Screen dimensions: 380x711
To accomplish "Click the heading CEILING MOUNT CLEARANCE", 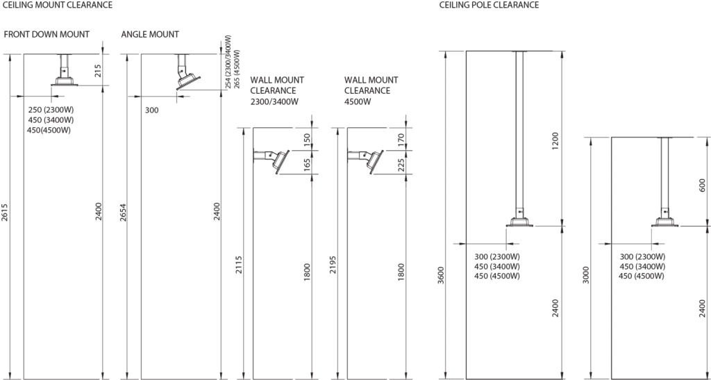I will (58, 5).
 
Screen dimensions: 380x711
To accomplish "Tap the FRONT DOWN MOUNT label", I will (47, 35).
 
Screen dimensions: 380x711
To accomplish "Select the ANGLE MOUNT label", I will (150, 35).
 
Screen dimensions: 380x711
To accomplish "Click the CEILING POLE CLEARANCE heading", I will (490, 5).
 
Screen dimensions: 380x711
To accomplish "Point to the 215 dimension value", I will (99, 70).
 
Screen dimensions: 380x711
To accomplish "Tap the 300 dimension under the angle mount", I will (151, 110).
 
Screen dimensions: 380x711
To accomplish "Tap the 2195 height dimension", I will (333, 264).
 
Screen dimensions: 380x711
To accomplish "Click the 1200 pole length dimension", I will (553, 139).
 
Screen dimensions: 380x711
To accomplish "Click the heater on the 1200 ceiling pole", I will (521, 220).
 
